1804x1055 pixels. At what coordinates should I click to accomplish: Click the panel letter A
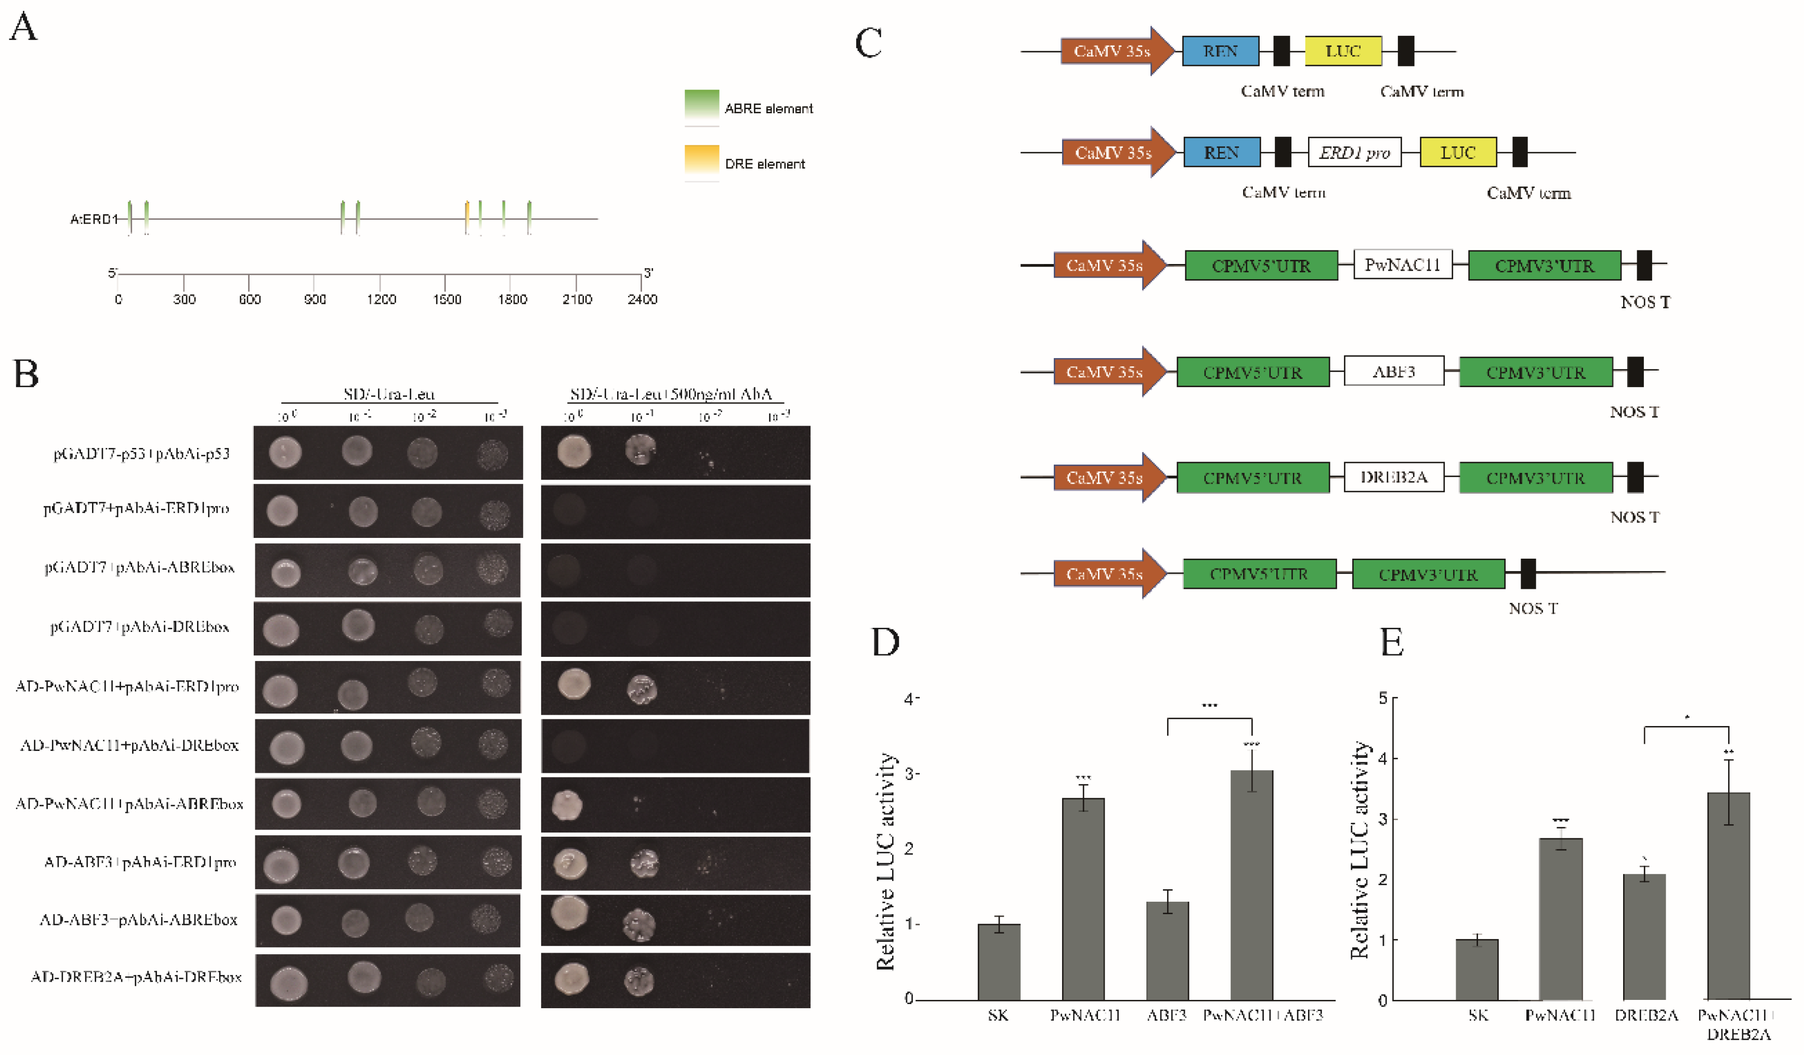(23, 29)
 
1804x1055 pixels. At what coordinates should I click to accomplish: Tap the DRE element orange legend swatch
(701, 160)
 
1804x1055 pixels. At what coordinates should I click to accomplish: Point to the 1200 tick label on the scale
(381, 299)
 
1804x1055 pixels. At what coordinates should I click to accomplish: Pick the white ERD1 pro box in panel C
(1354, 152)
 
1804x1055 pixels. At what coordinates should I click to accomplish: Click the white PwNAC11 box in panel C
(1402, 265)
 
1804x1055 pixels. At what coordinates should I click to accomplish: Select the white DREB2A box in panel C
(1393, 478)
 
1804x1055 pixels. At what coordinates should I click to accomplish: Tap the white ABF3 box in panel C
(1393, 372)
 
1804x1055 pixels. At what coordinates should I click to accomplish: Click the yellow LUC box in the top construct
(1342, 51)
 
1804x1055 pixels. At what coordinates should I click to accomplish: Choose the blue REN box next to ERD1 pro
(1221, 152)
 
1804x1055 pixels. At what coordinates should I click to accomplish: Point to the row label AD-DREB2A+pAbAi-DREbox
(136, 977)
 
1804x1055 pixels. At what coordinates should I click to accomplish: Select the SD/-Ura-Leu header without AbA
(389, 393)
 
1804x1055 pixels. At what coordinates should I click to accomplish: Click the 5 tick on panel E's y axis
(1382, 698)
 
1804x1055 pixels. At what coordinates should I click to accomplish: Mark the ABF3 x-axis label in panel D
(1166, 1015)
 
